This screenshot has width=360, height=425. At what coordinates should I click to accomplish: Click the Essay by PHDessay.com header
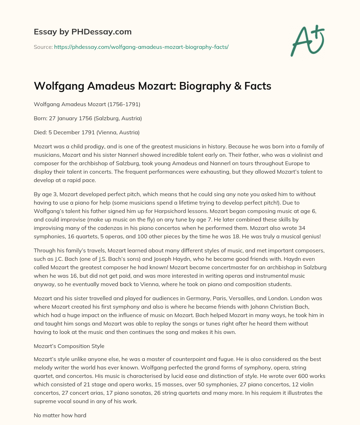coord(83,32)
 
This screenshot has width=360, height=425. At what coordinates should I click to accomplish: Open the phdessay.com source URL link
coord(141,47)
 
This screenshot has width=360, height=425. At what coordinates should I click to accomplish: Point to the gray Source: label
coord(43,47)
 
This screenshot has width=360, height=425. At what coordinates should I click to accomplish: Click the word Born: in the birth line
coord(41,118)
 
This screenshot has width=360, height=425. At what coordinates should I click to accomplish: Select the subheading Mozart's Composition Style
coord(69,346)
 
